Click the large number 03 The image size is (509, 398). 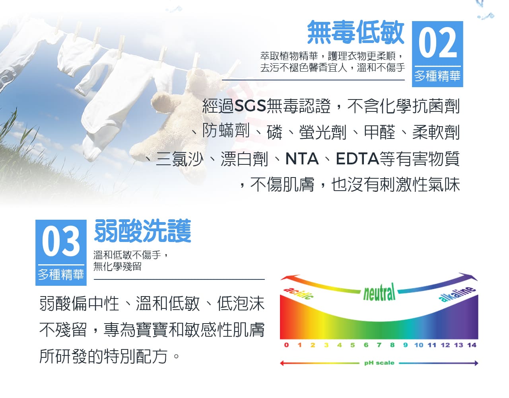pyautogui.click(x=61, y=241)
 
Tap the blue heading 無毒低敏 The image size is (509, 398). pyautogui.click(x=356, y=32)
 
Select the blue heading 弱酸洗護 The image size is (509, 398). pyautogui.click(x=143, y=231)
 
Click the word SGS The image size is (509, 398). pyautogui.click(x=250, y=106)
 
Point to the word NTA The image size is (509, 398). pyautogui.click(x=302, y=159)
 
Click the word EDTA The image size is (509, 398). pyautogui.click(x=357, y=159)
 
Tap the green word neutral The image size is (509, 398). pyautogui.click(x=379, y=292)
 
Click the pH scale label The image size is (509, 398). pyautogui.click(x=379, y=363)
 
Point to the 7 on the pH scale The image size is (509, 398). pyautogui.click(x=379, y=345)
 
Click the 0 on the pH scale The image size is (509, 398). pyautogui.click(x=286, y=345)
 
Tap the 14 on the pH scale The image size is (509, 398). pyautogui.click(x=472, y=345)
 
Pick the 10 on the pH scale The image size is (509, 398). pyautogui.click(x=419, y=345)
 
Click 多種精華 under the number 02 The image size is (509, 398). pyautogui.click(x=437, y=76)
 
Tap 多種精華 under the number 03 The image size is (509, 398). pyautogui.click(x=61, y=274)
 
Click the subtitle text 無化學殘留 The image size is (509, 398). pyautogui.click(x=117, y=266)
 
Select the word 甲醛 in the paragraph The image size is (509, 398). pyautogui.click(x=379, y=132)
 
